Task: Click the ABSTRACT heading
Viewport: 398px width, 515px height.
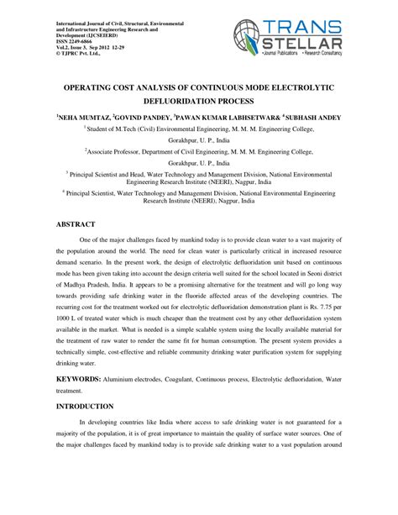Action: click(77, 225)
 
